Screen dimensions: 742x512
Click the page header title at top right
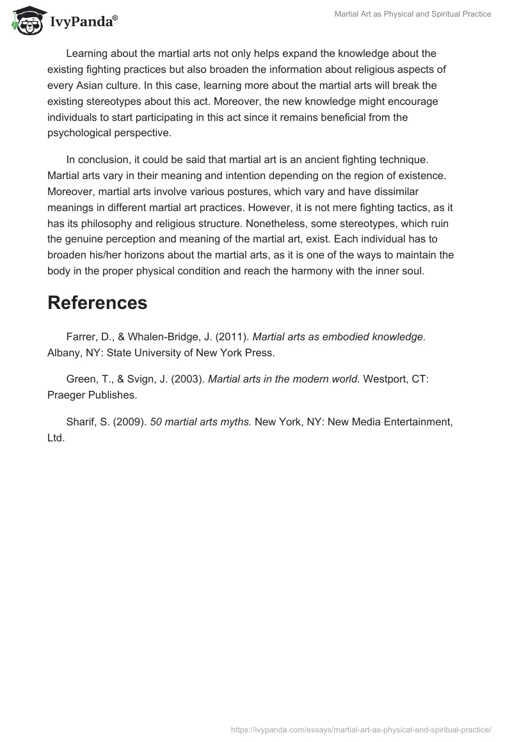pos(413,14)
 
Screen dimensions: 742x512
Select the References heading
pos(97,303)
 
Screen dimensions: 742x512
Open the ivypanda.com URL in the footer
pos(360,729)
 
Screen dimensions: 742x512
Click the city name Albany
pos(65,352)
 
